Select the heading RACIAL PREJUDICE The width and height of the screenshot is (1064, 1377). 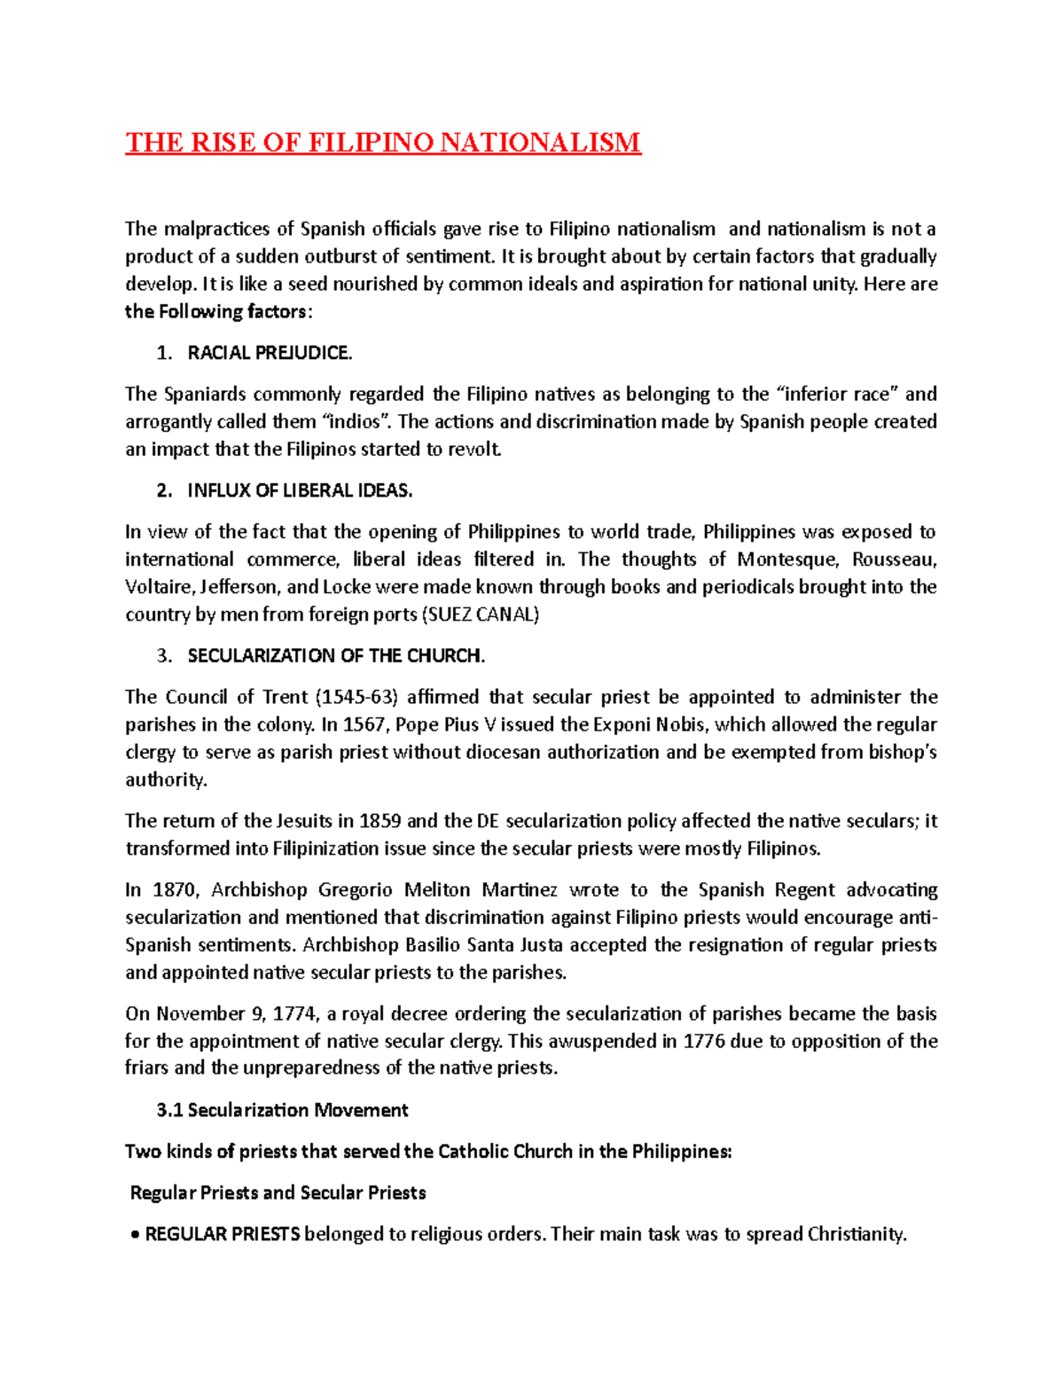270,353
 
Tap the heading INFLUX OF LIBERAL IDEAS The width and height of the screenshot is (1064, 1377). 300,490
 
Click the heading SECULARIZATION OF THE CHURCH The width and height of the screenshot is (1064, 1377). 336,656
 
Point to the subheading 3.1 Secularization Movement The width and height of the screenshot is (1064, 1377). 282,1110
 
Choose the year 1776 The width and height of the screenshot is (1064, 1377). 704,1041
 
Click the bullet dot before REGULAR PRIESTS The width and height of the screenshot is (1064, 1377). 135,1235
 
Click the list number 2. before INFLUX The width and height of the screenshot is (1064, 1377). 164,490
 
